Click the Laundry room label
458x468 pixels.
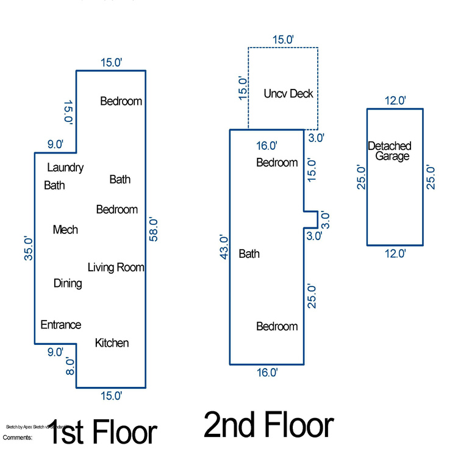tap(65, 168)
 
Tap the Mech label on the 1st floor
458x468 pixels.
tap(65, 230)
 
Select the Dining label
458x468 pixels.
tap(68, 283)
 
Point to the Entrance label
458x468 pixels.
tap(60, 325)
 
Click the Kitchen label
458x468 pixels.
tap(112, 343)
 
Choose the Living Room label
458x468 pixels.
tap(116, 267)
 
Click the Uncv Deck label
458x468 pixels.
tap(288, 93)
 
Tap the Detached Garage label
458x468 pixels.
tap(389, 151)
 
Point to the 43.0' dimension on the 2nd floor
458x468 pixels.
tap(224, 247)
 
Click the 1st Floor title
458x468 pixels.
tap(101, 432)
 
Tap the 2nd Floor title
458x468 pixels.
tap(268, 425)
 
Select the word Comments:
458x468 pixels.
tap(18, 438)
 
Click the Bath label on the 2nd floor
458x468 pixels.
tap(249, 253)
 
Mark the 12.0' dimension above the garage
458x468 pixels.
tap(395, 101)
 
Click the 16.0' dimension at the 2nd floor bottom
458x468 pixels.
tap(267, 372)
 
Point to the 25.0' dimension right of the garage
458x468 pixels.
tap(431, 177)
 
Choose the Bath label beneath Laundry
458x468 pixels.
tap(54, 185)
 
